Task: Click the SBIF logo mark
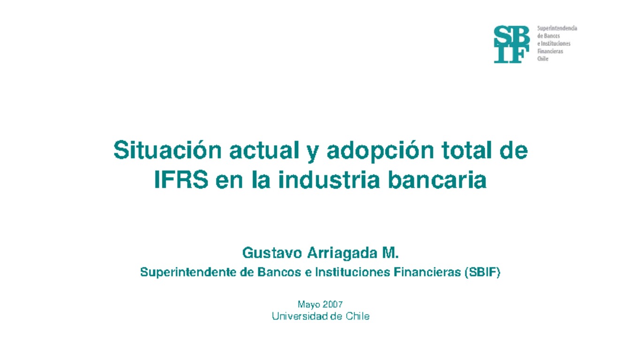(x=511, y=44)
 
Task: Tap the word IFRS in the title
(x=181, y=181)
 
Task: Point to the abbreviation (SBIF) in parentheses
(x=482, y=272)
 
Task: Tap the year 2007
(x=333, y=305)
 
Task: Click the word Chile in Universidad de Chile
(x=357, y=316)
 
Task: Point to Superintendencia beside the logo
(x=557, y=29)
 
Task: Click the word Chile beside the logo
(x=542, y=59)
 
